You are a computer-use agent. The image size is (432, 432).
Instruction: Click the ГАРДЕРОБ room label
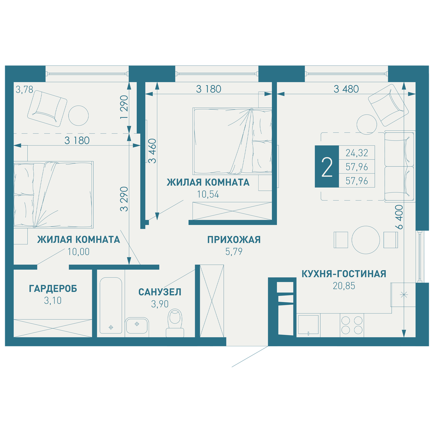coord(53,289)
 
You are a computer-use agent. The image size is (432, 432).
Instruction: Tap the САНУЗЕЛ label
coord(160,292)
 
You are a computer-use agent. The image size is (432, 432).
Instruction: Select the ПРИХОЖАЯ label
coord(234,240)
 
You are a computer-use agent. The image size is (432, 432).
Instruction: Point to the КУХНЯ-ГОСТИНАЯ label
coord(344,274)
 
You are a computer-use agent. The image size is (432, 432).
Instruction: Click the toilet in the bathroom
coord(175,323)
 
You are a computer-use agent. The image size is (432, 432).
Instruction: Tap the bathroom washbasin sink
coord(137,326)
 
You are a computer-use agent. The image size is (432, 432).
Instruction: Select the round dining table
coord(366,240)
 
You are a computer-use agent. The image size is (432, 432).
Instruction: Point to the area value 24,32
coord(357,153)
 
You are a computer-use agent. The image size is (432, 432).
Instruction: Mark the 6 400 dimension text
coord(399,217)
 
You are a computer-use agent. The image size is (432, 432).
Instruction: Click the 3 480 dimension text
coord(346,89)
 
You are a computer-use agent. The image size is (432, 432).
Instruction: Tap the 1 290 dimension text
coord(124,107)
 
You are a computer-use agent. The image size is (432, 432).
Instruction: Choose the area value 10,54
coord(208,194)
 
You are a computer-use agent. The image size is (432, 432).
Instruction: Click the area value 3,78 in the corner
coord(24,90)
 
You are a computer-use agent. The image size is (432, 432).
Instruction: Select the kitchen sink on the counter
coord(308,325)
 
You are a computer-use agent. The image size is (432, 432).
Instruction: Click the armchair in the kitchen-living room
coord(388,105)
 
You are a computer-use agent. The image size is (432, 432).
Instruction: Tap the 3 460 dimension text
coord(152,151)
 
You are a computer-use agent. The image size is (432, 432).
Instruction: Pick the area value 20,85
coord(344,286)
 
